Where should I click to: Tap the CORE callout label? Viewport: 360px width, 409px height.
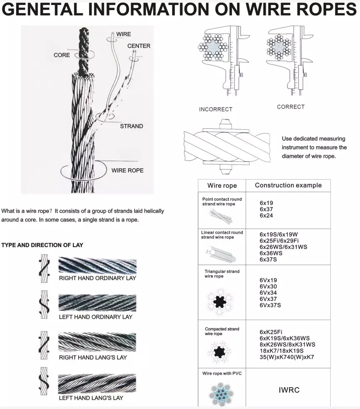point(62,55)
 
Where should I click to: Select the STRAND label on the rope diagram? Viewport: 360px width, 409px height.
point(131,126)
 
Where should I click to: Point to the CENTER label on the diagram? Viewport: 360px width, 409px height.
point(139,46)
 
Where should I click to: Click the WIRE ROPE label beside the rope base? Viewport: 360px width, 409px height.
point(127,170)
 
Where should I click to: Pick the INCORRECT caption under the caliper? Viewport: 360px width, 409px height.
point(215,109)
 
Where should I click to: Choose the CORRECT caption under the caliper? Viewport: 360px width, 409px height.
point(290,107)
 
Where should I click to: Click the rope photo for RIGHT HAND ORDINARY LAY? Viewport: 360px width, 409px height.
point(97,266)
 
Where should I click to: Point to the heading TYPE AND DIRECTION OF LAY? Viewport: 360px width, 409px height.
point(42,245)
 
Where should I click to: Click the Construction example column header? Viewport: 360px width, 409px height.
point(288,185)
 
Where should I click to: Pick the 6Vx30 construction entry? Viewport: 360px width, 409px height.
point(268,287)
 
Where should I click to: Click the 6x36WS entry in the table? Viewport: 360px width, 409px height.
point(271,253)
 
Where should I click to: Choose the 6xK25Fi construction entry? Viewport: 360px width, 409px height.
point(271,332)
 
